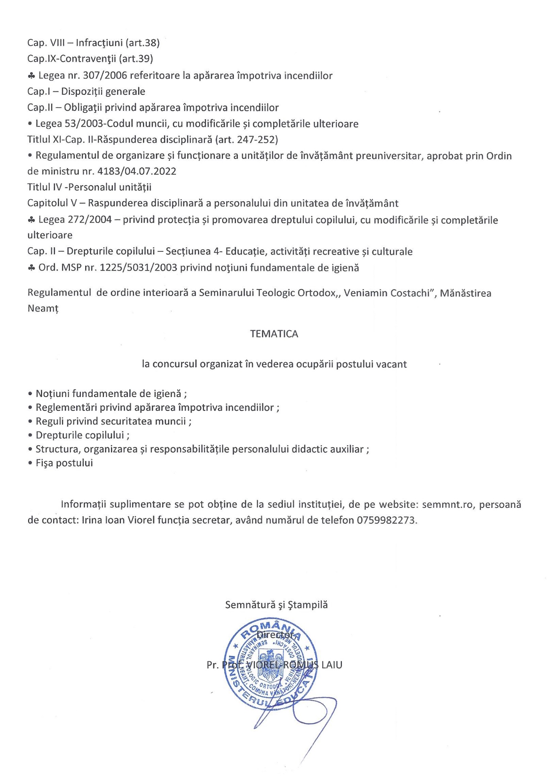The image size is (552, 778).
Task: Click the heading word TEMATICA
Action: (274, 334)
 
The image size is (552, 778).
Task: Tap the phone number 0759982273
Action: (386, 520)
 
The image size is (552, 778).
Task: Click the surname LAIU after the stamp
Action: (332, 665)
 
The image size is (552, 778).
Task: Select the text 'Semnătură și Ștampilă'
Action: (276, 605)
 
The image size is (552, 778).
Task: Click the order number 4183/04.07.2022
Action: (137, 171)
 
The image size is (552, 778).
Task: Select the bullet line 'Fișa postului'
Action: (64, 463)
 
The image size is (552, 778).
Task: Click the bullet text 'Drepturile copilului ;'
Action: (82, 435)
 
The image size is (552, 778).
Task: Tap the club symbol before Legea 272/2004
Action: (31, 220)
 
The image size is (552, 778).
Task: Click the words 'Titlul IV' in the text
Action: (44, 187)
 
